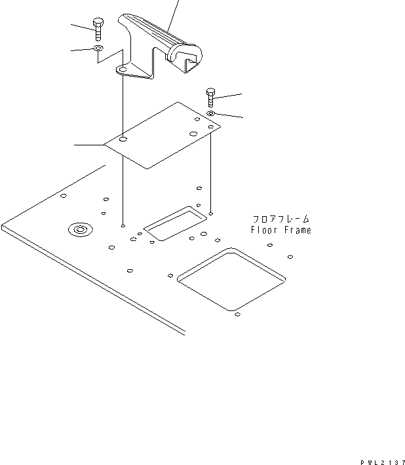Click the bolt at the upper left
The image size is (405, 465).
click(x=97, y=29)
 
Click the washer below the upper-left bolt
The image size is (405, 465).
click(x=98, y=48)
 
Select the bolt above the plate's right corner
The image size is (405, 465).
click(x=210, y=98)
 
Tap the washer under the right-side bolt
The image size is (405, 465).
click(x=211, y=113)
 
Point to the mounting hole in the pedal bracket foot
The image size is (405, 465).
click(x=123, y=68)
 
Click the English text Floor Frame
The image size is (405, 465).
click(x=280, y=230)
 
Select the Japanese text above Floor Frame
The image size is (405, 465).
click(x=280, y=219)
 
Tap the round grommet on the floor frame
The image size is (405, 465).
click(x=80, y=229)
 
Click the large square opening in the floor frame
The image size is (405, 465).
click(x=231, y=278)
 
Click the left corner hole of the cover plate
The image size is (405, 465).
click(x=123, y=139)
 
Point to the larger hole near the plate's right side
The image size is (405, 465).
click(x=193, y=134)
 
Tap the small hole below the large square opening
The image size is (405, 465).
click(x=237, y=315)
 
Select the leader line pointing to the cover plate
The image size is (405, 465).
click(x=88, y=143)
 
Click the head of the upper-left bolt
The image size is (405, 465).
click(x=97, y=22)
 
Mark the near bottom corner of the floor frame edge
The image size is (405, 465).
click(x=184, y=333)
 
